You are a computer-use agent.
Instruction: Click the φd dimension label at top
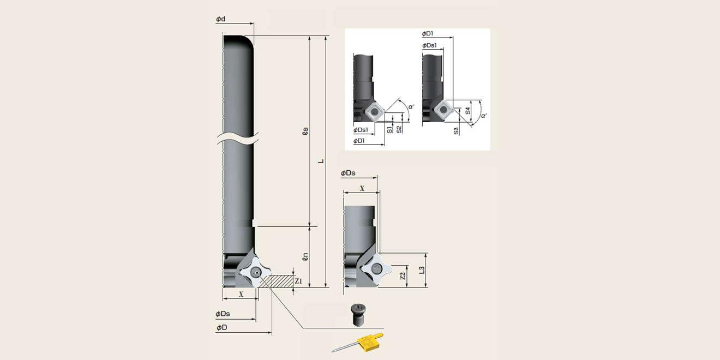(x=221, y=19)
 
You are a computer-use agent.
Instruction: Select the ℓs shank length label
(x=305, y=131)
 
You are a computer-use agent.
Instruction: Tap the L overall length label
(x=322, y=161)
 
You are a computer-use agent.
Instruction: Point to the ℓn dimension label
(x=305, y=256)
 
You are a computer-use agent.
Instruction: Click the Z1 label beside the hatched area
(x=298, y=281)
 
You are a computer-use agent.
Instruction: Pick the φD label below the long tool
(x=221, y=327)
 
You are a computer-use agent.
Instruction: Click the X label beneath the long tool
(x=241, y=293)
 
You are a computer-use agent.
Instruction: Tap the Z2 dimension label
(x=403, y=276)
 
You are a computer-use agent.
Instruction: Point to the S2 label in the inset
(x=399, y=129)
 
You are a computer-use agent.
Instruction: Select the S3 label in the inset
(x=456, y=131)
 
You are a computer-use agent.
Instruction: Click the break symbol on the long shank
(x=238, y=137)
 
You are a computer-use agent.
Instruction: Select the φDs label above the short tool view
(x=348, y=173)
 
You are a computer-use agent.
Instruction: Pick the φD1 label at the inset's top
(x=428, y=34)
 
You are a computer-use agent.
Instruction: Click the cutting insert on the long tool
(x=255, y=272)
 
